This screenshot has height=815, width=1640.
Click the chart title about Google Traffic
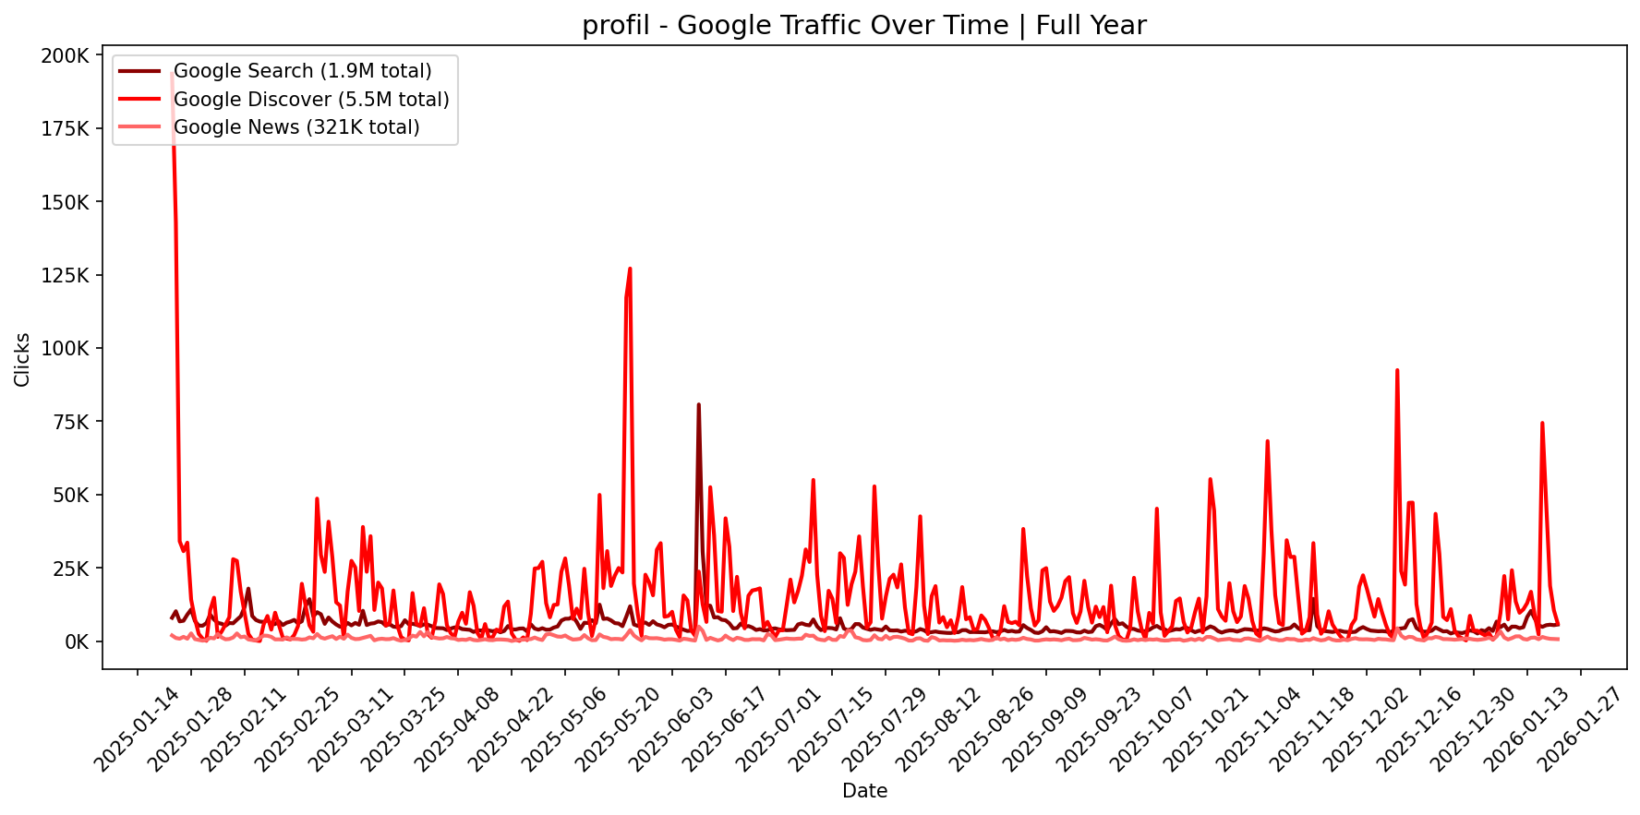click(863, 25)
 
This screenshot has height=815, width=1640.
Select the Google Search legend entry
click(302, 71)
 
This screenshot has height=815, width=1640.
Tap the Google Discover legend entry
click(311, 99)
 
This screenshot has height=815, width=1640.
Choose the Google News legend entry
click(296, 127)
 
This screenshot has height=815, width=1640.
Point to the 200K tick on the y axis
click(66, 56)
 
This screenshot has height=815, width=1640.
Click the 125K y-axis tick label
click(66, 276)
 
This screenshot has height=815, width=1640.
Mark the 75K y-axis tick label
click(70, 422)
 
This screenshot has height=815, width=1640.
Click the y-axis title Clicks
click(22, 359)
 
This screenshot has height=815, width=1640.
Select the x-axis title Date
click(864, 791)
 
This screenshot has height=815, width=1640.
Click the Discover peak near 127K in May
click(630, 269)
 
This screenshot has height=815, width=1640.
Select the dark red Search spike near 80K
click(698, 404)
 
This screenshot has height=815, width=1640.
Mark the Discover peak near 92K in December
click(1397, 370)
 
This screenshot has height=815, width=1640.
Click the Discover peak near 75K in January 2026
click(1542, 423)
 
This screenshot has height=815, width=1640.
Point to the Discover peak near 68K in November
click(1267, 441)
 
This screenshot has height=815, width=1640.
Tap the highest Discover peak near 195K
click(173, 73)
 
